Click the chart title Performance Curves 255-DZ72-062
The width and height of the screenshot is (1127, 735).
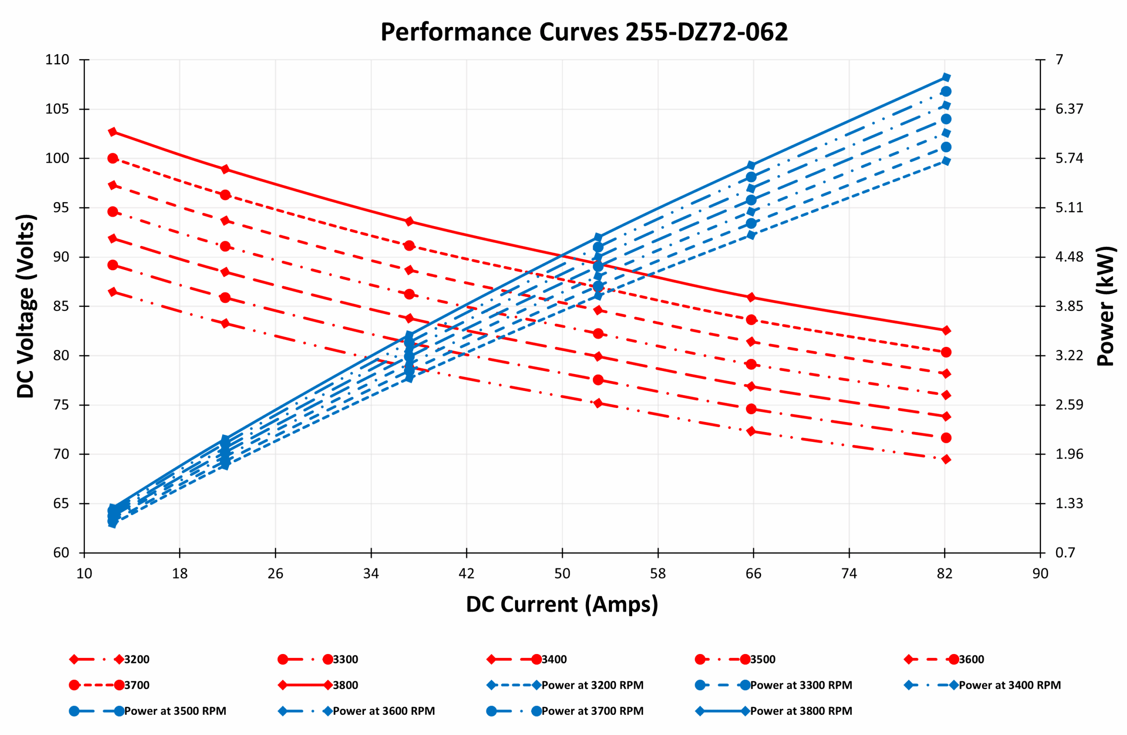(584, 32)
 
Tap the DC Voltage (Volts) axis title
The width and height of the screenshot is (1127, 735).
(26, 306)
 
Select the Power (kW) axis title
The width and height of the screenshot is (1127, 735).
(1105, 306)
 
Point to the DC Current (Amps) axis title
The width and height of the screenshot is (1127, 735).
(562, 604)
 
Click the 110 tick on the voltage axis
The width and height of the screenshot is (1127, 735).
(57, 59)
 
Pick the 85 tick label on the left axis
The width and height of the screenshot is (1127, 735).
(61, 306)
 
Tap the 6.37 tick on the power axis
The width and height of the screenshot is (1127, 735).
(1069, 109)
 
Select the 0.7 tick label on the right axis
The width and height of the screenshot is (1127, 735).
(1065, 552)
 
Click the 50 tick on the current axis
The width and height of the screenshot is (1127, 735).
(562, 573)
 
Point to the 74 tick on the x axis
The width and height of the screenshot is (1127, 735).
(849, 573)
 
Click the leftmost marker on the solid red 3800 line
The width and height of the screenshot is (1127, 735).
(113, 132)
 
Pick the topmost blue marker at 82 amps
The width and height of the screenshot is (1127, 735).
(946, 77)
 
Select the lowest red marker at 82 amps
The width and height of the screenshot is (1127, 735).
(946, 459)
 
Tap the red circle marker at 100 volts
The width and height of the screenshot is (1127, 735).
(113, 158)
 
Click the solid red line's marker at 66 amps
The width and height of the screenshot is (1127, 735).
(751, 297)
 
